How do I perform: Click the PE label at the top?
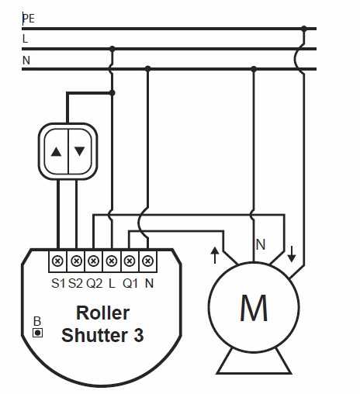pyautogui.click(x=29, y=19)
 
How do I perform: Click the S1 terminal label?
pyautogui.click(x=58, y=283)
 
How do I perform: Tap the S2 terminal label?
pyautogui.click(x=75, y=283)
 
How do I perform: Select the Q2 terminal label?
pyautogui.click(x=95, y=283)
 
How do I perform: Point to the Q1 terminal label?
pyautogui.click(x=130, y=283)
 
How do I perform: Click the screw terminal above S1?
pyautogui.click(x=57, y=261)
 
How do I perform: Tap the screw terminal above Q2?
pyautogui.click(x=94, y=261)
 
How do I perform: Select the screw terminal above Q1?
pyautogui.click(x=130, y=261)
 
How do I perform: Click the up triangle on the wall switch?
pyautogui.click(x=56, y=152)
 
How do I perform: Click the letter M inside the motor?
pyautogui.click(x=254, y=308)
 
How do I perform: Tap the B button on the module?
pyautogui.click(x=38, y=333)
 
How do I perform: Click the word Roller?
pyautogui.click(x=103, y=313)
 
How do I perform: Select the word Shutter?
pyautogui.click(x=95, y=335)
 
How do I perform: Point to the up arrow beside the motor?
pyautogui.click(x=215, y=255)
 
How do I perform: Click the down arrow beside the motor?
pyautogui.click(x=292, y=254)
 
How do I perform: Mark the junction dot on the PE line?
pyautogui.click(x=304, y=29)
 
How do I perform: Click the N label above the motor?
pyautogui.click(x=261, y=244)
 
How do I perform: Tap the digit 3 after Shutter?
pyautogui.click(x=139, y=335)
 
